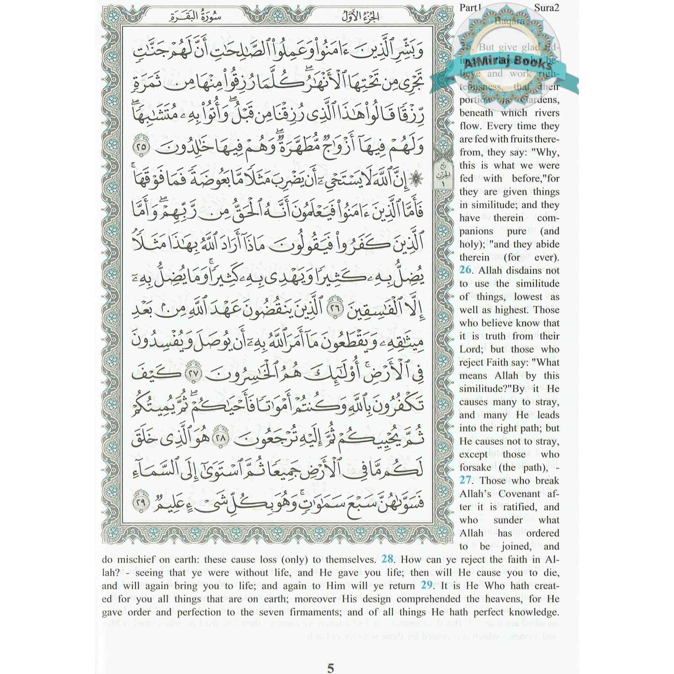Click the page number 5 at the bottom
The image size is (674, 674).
(330, 649)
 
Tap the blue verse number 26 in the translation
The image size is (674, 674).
(465, 270)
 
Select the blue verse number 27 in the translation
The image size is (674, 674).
(465, 480)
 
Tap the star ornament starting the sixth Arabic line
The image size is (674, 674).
(416, 179)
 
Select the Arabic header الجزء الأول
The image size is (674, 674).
(355, 16)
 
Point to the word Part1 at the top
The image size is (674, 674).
(470, 8)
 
